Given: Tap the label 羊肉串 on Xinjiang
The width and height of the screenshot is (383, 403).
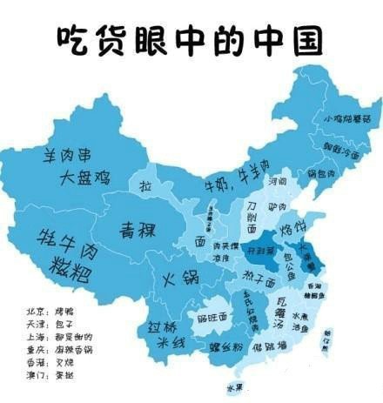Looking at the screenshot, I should [x=75, y=157].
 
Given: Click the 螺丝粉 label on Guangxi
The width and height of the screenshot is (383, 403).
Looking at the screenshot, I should [x=225, y=346].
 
